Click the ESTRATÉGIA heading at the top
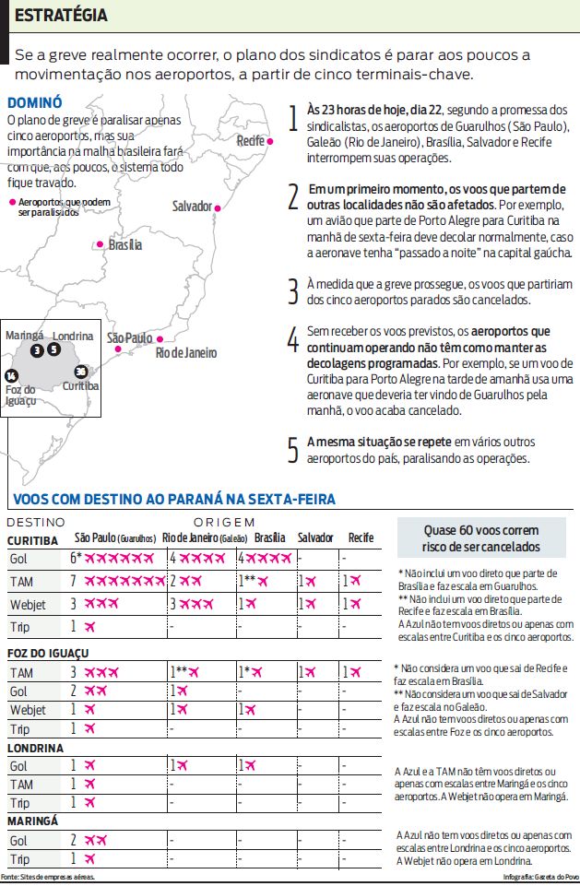[x=61, y=16]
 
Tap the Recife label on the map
[x=250, y=141]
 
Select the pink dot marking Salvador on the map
[x=218, y=208]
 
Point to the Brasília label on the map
[x=124, y=245]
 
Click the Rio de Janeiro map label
[x=185, y=352]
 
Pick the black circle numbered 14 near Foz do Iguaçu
[x=11, y=375]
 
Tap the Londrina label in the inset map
[x=73, y=337]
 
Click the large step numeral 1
[x=293, y=118]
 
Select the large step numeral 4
[x=293, y=340]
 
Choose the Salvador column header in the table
[x=314, y=538]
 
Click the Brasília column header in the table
[x=269, y=538]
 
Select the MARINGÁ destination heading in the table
[x=33, y=821]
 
